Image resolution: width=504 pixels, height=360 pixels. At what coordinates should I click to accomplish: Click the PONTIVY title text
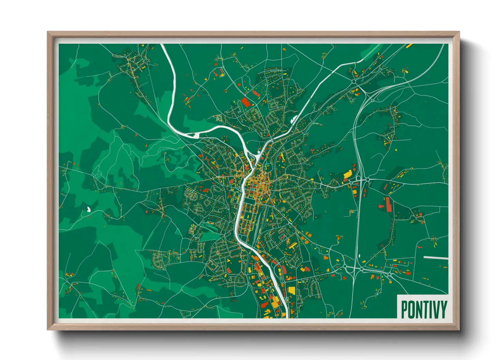pos(424,309)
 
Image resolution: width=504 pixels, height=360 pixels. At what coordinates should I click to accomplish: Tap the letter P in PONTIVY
pos(404,309)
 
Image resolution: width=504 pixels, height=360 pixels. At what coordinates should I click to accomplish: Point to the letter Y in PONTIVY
pos(443,309)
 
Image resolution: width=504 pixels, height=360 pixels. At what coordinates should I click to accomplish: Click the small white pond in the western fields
pos(89,209)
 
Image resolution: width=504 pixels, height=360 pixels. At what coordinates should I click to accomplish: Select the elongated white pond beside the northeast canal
pos(293,119)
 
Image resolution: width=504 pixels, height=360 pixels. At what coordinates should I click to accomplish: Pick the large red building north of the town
pos(246,102)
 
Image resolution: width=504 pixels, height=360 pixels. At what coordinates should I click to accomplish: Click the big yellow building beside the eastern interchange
pos(348,174)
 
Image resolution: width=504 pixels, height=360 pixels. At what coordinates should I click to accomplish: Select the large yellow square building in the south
pos(292,291)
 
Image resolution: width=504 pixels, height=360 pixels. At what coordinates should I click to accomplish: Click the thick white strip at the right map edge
pos(436,258)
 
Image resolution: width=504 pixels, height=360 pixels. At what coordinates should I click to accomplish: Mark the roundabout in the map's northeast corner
pos(354,82)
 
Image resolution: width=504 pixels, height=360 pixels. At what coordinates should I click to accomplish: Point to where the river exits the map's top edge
pos(162,45)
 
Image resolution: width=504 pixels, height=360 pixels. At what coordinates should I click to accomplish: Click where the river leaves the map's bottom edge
pos(287,316)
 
